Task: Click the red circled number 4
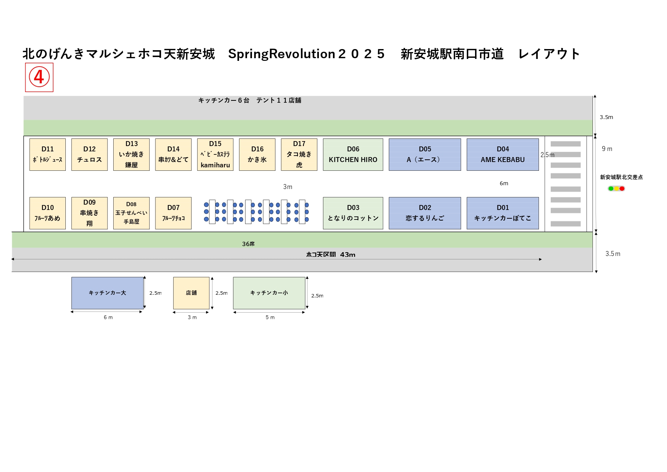[x=39, y=77]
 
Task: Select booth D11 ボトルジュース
[x=48, y=154]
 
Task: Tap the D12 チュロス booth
[x=89, y=154]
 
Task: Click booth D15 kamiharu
[x=215, y=154]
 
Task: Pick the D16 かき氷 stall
[x=257, y=154]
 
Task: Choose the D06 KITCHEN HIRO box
[x=353, y=154]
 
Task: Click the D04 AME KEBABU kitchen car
[x=502, y=154]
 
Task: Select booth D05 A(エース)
[x=425, y=154]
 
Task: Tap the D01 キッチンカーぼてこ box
[x=502, y=213]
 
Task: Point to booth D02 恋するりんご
[x=425, y=213]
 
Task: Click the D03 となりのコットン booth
[x=353, y=213]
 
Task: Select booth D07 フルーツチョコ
[x=173, y=213]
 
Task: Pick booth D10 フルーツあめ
[x=48, y=213]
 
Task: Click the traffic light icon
[x=616, y=189]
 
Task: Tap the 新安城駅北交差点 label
[x=621, y=177]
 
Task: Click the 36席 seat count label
[x=248, y=244]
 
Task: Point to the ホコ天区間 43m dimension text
[x=331, y=254]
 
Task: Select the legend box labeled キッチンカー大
[x=108, y=293]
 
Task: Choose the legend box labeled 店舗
[x=191, y=293]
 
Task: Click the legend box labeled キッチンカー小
[x=269, y=293]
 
